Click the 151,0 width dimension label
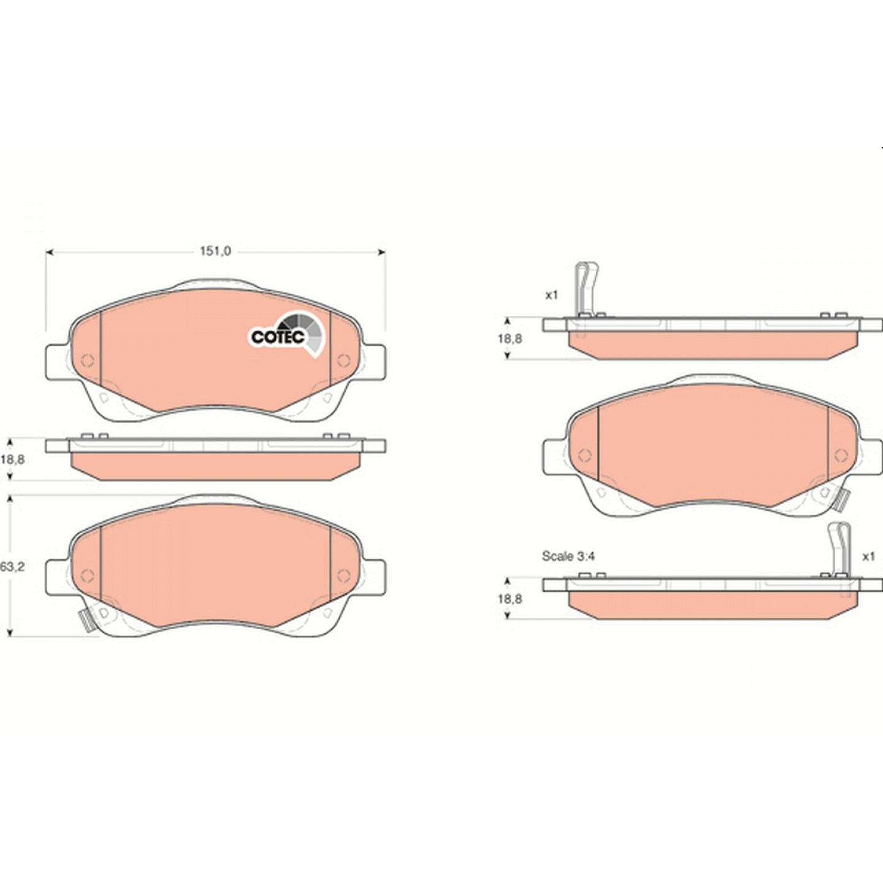point(215,251)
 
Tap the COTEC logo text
point(278,337)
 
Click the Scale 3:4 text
point(568,556)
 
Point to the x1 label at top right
point(551,295)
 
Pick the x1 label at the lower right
point(868,557)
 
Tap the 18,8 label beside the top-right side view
point(510,339)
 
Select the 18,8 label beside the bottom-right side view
point(510,599)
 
